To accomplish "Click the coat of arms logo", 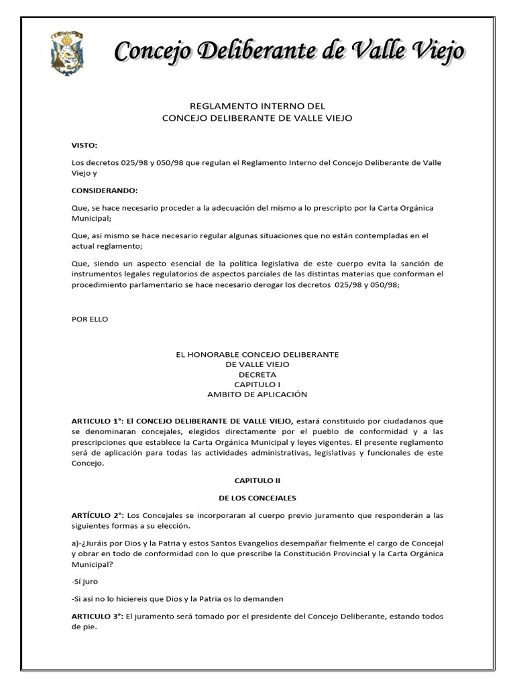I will tap(67, 53).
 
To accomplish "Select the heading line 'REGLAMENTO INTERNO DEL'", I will tap(257, 106).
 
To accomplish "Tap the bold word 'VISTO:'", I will tap(84, 145).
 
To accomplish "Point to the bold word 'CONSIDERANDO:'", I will tap(104, 191).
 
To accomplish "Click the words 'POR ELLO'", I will tap(90, 319).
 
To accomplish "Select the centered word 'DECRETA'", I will tap(257, 374).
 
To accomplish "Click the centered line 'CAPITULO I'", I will tap(257, 384).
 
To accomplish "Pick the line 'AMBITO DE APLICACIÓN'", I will tap(257, 394).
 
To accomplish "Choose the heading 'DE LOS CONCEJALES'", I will tap(257, 498).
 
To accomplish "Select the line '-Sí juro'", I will tap(86, 582).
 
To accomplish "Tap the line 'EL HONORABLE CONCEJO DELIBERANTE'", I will tap(257, 354).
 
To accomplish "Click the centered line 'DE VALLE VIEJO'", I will tap(257, 364).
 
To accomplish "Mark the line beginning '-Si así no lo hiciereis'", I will tap(177, 598).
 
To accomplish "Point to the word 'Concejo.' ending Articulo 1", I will tap(89, 464).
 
